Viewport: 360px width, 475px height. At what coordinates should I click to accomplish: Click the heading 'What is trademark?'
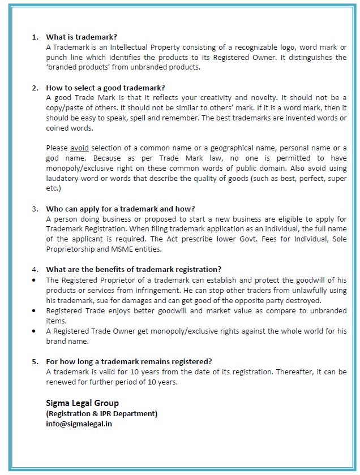(82, 37)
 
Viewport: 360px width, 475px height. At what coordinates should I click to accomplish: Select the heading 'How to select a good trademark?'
(105, 88)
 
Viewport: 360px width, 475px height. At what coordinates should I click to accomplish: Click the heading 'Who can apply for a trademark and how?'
(120, 209)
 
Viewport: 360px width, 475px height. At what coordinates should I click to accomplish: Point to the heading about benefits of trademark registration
(134, 269)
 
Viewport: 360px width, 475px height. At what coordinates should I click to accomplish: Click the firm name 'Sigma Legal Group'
(83, 403)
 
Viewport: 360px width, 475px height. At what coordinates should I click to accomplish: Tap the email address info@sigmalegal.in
(79, 424)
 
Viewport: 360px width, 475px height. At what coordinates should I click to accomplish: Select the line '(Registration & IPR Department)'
(101, 413)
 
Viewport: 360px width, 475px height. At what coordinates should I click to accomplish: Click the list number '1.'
(35, 37)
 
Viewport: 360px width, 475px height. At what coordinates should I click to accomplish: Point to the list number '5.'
(35, 362)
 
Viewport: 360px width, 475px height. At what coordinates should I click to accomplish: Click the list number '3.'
(35, 209)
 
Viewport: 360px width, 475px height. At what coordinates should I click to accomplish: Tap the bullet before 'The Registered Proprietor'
(35, 280)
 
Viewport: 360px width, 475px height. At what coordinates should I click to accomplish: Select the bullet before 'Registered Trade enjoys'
(35, 310)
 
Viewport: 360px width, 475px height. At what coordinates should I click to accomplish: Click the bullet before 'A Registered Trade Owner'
(35, 331)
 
